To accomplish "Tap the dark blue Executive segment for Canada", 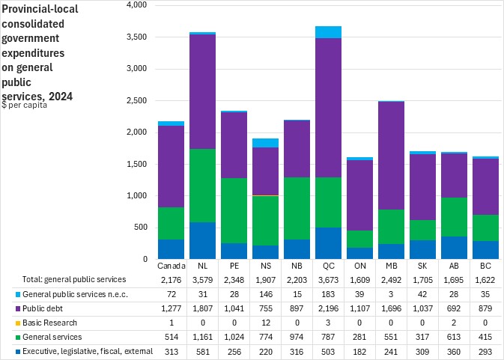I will tap(171, 249).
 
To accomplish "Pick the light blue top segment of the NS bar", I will tap(265, 143).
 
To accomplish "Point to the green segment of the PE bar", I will tap(234, 210).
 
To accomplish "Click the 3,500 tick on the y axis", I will tap(136, 37).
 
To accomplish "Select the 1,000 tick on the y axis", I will tap(136, 196).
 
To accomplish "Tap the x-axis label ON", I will tap(360, 266).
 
